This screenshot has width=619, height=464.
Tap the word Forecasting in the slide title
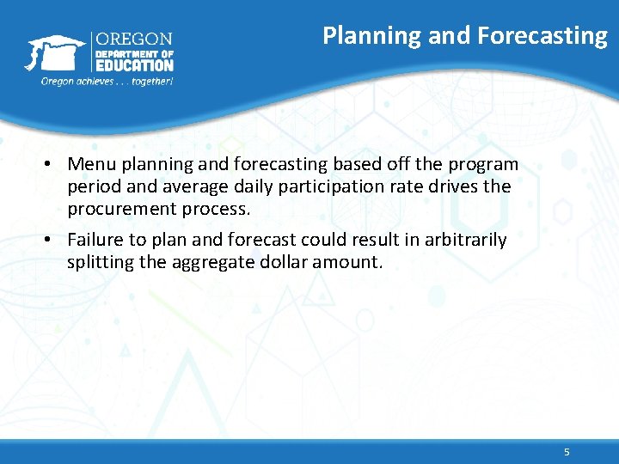click(x=542, y=35)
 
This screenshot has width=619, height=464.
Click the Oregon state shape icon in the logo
click(x=54, y=52)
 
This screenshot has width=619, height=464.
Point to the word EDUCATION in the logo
click(x=133, y=65)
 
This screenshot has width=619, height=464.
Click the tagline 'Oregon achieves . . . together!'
click(x=107, y=81)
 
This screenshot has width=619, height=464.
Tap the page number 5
click(x=567, y=452)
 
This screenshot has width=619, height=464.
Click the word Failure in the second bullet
click(x=95, y=240)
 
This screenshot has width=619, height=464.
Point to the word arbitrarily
click(x=462, y=240)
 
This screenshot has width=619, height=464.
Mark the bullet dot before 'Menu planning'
click(x=52, y=164)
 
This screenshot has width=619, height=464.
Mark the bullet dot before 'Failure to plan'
click(x=52, y=240)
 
